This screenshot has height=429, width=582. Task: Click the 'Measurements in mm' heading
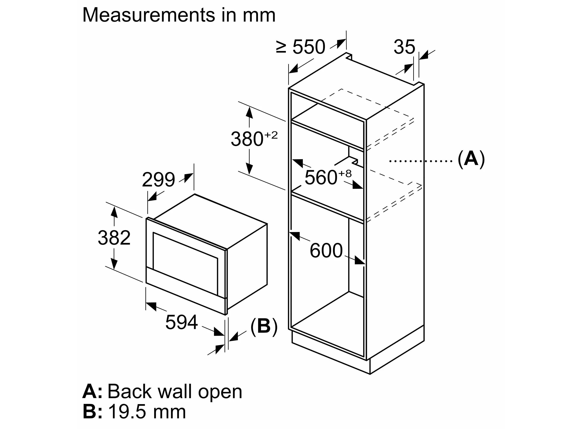[179, 15]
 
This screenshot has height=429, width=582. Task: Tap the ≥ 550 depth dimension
[300, 47]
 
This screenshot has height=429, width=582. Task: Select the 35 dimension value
[404, 47]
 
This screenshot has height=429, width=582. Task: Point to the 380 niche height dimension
[247, 139]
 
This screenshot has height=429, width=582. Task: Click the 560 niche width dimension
[321, 178]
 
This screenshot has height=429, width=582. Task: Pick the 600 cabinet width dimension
[326, 251]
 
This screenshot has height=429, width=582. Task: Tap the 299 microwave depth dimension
[158, 180]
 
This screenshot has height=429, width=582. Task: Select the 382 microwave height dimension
[114, 238]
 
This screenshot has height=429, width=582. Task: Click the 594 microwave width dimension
[181, 322]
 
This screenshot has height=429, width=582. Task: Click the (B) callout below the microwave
[264, 326]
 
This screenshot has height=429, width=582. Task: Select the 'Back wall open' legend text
[175, 392]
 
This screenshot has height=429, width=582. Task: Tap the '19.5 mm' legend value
[147, 412]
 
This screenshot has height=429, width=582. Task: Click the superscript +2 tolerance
[271, 135]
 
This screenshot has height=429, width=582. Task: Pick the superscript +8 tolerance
[345, 174]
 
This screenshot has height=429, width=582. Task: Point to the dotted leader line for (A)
[421, 161]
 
